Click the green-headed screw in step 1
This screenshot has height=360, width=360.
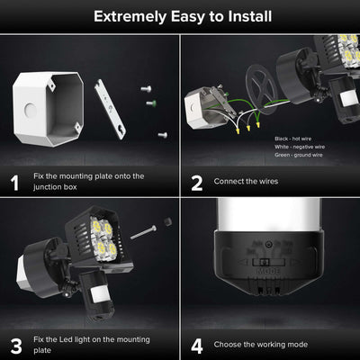[x=149, y=103]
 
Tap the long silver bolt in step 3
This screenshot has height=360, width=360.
[x=144, y=232]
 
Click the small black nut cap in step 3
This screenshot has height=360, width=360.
[x=167, y=221]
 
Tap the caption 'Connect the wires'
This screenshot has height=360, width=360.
[x=246, y=182]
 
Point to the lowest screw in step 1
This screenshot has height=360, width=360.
[x=162, y=134]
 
